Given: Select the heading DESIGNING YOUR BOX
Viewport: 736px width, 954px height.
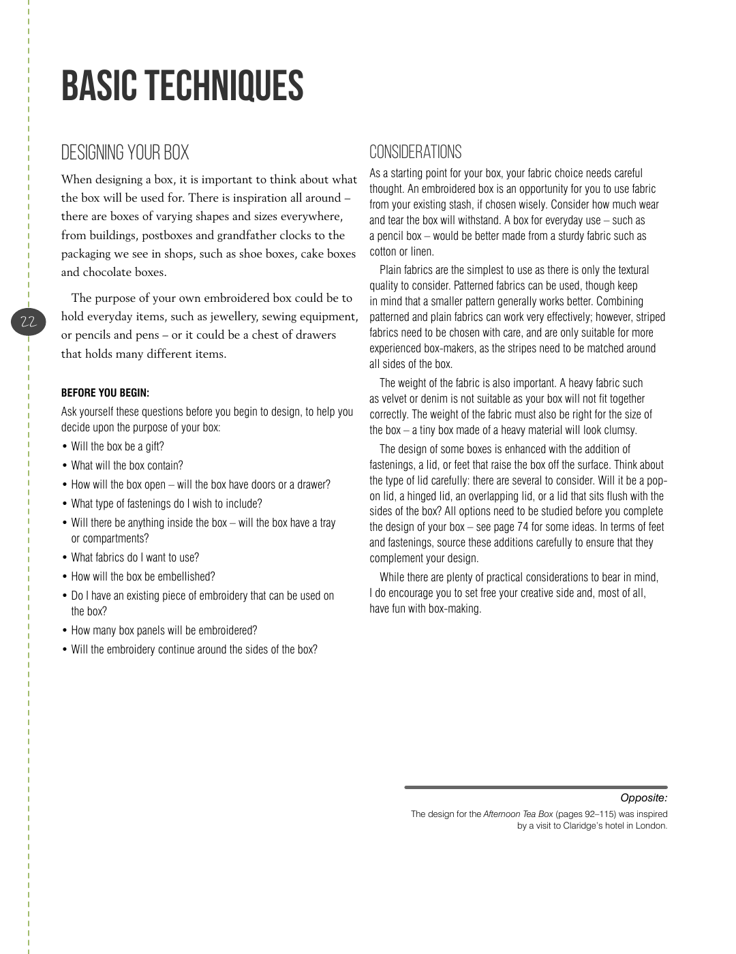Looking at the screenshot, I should [x=125, y=153].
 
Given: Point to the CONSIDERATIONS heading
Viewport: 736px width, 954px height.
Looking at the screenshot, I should [x=415, y=152].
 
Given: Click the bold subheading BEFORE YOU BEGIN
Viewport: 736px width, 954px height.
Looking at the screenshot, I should [x=105, y=393].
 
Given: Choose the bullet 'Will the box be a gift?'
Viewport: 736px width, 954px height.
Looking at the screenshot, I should [x=117, y=447].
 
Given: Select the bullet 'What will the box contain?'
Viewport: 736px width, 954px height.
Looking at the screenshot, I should [x=127, y=466].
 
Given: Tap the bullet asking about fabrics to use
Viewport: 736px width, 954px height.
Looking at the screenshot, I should [x=135, y=557].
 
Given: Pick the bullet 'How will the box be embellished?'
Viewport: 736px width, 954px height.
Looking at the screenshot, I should [x=142, y=576].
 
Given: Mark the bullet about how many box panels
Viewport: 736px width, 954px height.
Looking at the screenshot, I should [x=164, y=631].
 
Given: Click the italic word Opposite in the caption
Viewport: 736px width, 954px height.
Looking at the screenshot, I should [x=643, y=798].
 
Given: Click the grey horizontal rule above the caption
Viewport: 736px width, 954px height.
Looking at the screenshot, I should [x=536, y=787].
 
